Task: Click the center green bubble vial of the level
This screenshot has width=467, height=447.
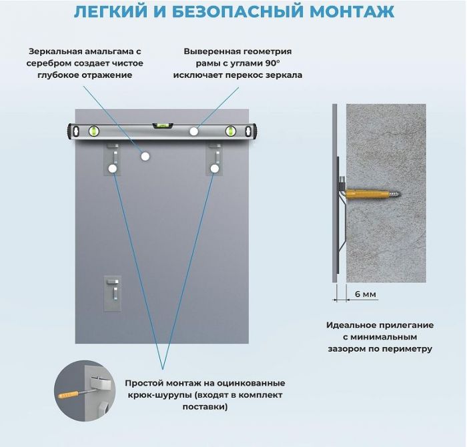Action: coord(161,125)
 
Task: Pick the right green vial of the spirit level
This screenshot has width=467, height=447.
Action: coord(231,130)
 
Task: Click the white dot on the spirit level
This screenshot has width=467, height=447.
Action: coord(193,131)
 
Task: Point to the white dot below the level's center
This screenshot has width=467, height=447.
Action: coord(145,156)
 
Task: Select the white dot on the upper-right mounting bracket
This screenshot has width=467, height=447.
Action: coord(215,170)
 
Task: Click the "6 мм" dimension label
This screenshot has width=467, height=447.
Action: coord(365,293)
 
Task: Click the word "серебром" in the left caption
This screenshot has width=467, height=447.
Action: coord(52,63)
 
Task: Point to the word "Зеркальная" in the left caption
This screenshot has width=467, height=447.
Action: coord(55,51)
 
